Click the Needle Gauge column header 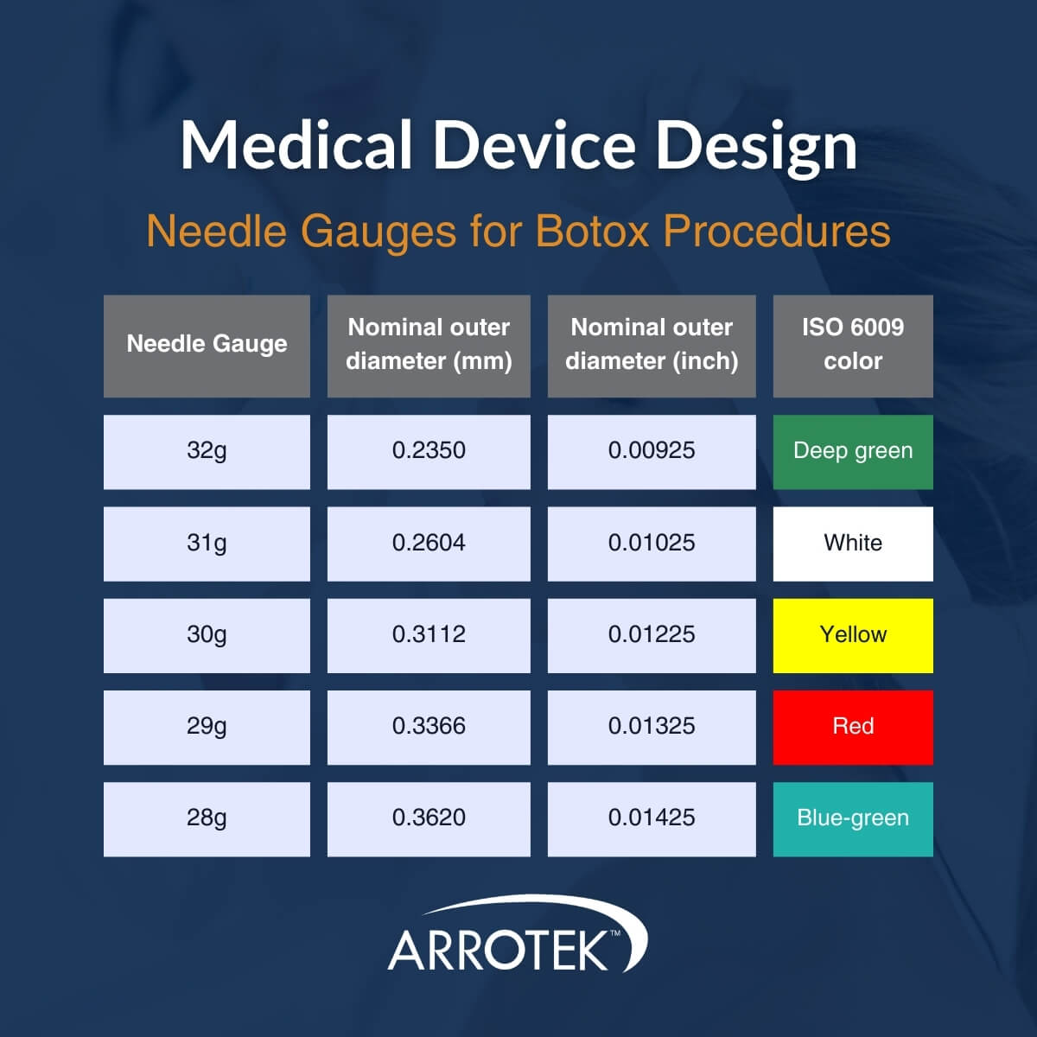pyautogui.click(x=207, y=346)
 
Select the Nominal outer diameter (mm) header pyautogui.click(x=429, y=346)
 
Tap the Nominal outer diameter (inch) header pyautogui.click(x=652, y=346)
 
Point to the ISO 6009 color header pyautogui.click(x=853, y=346)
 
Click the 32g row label pyautogui.click(x=207, y=451)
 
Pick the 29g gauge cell pyautogui.click(x=207, y=727)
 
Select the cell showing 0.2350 pyautogui.click(x=429, y=451)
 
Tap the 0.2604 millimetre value pyautogui.click(x=429, y=544)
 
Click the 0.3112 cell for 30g pyautogui.click(x=429, y=635)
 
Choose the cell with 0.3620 pyautogui.click(x=429, y=818)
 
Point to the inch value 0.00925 pyautogui.click(x=652, y=451)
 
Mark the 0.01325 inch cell pyautogui.click(x=652, y=727)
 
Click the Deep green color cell pyautogui.click(x=853, y=451)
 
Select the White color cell pyautogui.click(x=853, y=544)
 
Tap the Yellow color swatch pyautogui.click(x=853, y=635)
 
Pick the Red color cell pyautogui.click(x=853, y=727)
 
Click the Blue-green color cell pyautogui.click(x=853, y=818)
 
